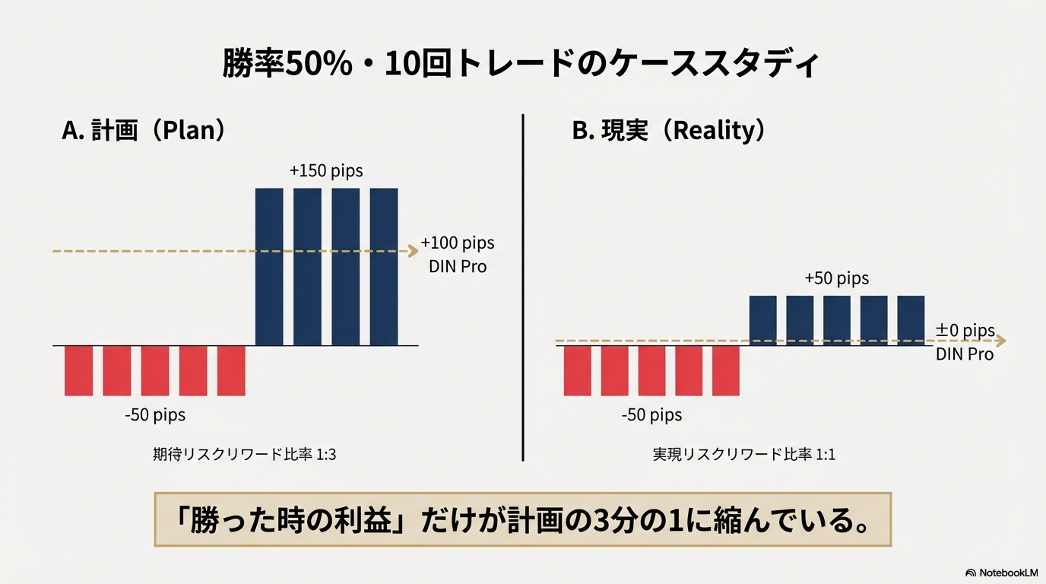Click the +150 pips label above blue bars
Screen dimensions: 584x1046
coord(326,171)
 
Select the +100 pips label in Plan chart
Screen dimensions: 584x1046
coord(457,243)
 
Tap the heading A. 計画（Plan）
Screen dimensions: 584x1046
coord(144,131)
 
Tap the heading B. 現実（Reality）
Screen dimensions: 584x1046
coord(669,131)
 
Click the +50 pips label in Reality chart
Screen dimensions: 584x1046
coord(836,278)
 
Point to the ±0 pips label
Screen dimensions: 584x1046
coord(965,331)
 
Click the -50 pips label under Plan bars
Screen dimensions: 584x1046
coord(155,415)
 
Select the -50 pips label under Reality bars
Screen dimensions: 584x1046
coord(651,415)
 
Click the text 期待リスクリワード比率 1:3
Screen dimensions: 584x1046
coord(244,455)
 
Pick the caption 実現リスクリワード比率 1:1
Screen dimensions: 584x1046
coord(744,455)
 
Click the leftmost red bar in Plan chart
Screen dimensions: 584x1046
coord(78,370)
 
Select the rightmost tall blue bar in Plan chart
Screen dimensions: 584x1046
coord(384,266)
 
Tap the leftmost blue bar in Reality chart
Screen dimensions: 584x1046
coord(763,320)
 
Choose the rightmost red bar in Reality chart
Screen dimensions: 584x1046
coord(725,370)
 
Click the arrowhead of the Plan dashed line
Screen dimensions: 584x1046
coord(414,250)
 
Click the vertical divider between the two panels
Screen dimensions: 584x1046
coord(523,289)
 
